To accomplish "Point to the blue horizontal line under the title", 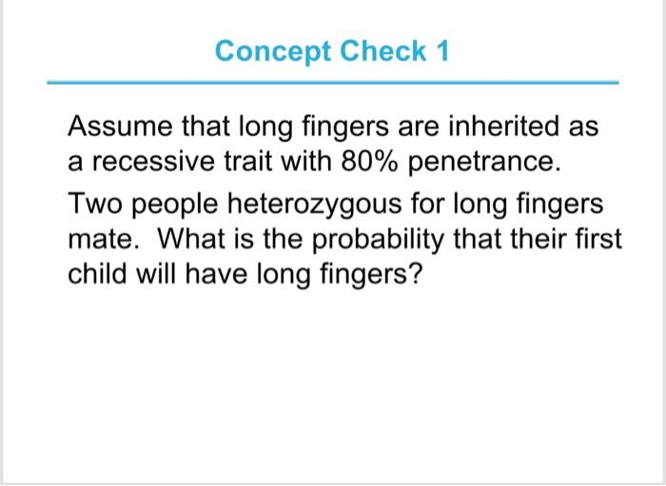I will pyautogui.click(x=333, y=83).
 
